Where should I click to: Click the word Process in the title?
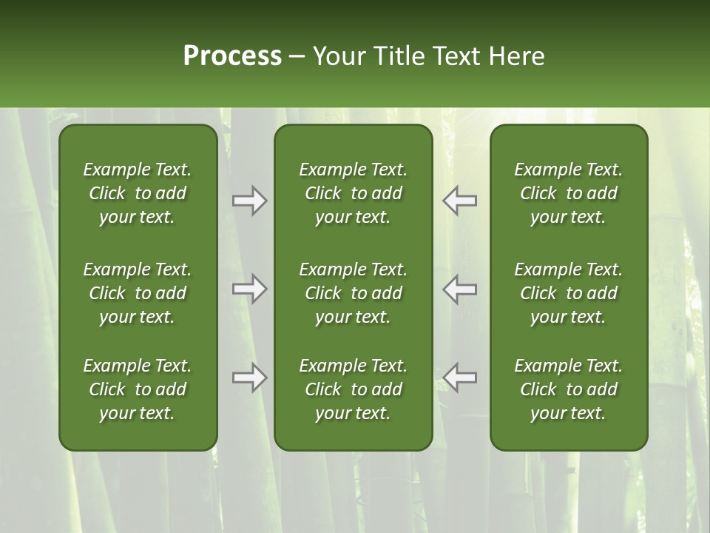click(x=232, y=56)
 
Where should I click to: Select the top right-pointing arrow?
click(x=250, y=201)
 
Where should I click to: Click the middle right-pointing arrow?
click(x=250, y=289)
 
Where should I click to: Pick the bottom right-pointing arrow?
click(x=250, y=378)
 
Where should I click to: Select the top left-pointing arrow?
click(x=460, y=201)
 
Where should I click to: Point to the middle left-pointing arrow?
click(x=460, y=289)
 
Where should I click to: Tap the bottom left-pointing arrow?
click(x=460, y=378)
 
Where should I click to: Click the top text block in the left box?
click(x=138, y=193)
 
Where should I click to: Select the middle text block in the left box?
click(x=138, y=293)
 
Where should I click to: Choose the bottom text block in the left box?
click(x=138, y=389)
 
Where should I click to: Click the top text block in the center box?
click(x=354, y=193)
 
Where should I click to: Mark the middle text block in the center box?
click(x=354, y=293)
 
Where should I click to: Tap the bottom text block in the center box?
click(x=354, y=389)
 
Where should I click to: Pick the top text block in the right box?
click(x=569, y=193)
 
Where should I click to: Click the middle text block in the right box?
click(x=569, y=293)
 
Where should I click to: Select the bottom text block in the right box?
click(x=569, y=389)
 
